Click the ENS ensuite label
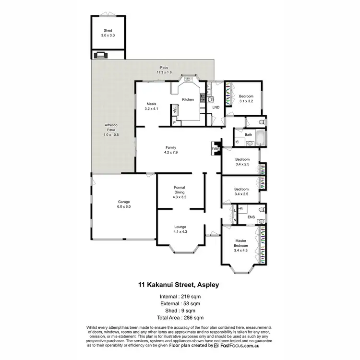[251, 217]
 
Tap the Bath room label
[248, 135]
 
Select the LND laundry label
[216, 107]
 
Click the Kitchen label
[188, 99]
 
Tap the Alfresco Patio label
[111, 130]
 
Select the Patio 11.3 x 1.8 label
[164, 70]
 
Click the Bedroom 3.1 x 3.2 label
[246, 98]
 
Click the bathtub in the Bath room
[261, 138]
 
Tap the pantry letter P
[174, 122]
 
